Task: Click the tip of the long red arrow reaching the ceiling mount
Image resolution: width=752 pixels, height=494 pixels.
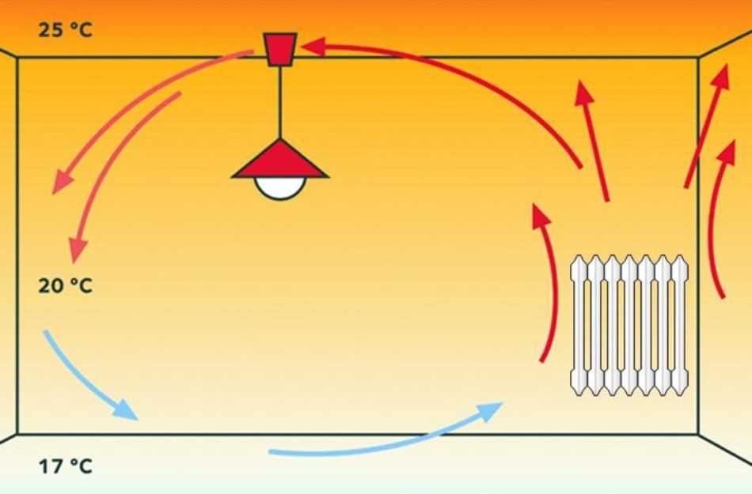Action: point(301,47)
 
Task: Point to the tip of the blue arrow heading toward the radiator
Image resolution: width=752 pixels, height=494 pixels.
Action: point(502,404)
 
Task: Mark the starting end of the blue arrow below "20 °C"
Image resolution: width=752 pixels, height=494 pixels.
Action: point(46,331)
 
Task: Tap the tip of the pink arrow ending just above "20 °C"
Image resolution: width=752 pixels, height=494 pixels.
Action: point(74,262)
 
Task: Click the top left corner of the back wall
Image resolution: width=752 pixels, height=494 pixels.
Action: point(17,58)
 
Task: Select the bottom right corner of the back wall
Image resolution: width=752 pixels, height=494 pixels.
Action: point(698,434)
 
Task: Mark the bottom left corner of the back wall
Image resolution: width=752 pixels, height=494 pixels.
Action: point(17,434)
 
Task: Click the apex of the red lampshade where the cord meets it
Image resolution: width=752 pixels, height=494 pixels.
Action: point(280,139)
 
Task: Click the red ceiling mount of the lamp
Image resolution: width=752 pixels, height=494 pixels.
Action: point(280,49)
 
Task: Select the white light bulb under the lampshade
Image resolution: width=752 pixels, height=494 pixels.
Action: point(280,187)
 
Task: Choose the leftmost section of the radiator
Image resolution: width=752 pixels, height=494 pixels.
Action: point(579,326)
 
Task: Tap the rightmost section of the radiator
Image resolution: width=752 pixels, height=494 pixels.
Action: point(680,326)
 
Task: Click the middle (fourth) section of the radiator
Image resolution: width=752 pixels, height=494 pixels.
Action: point(629,326)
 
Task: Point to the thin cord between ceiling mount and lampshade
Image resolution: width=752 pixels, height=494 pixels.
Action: point(280,103)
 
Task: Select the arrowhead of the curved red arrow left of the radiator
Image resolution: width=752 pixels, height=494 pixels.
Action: point(541,215)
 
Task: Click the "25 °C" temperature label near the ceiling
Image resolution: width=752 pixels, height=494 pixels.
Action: point(65,30)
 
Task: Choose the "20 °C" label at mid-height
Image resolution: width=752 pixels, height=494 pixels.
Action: point(65,286)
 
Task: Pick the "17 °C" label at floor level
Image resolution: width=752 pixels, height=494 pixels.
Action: point(65,466)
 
